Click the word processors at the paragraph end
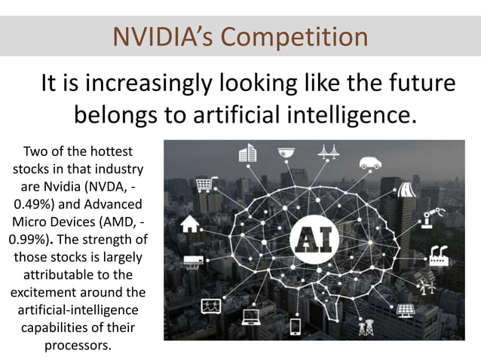click(x=78, y=346)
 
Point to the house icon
click(x=191, y=223)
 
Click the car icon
click(x=370, y=162)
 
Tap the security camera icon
click(x=285, y=151)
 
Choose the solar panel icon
click(x=405, y=310)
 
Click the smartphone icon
click(x=295, y=326)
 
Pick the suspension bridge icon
click(x=328, y=151)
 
